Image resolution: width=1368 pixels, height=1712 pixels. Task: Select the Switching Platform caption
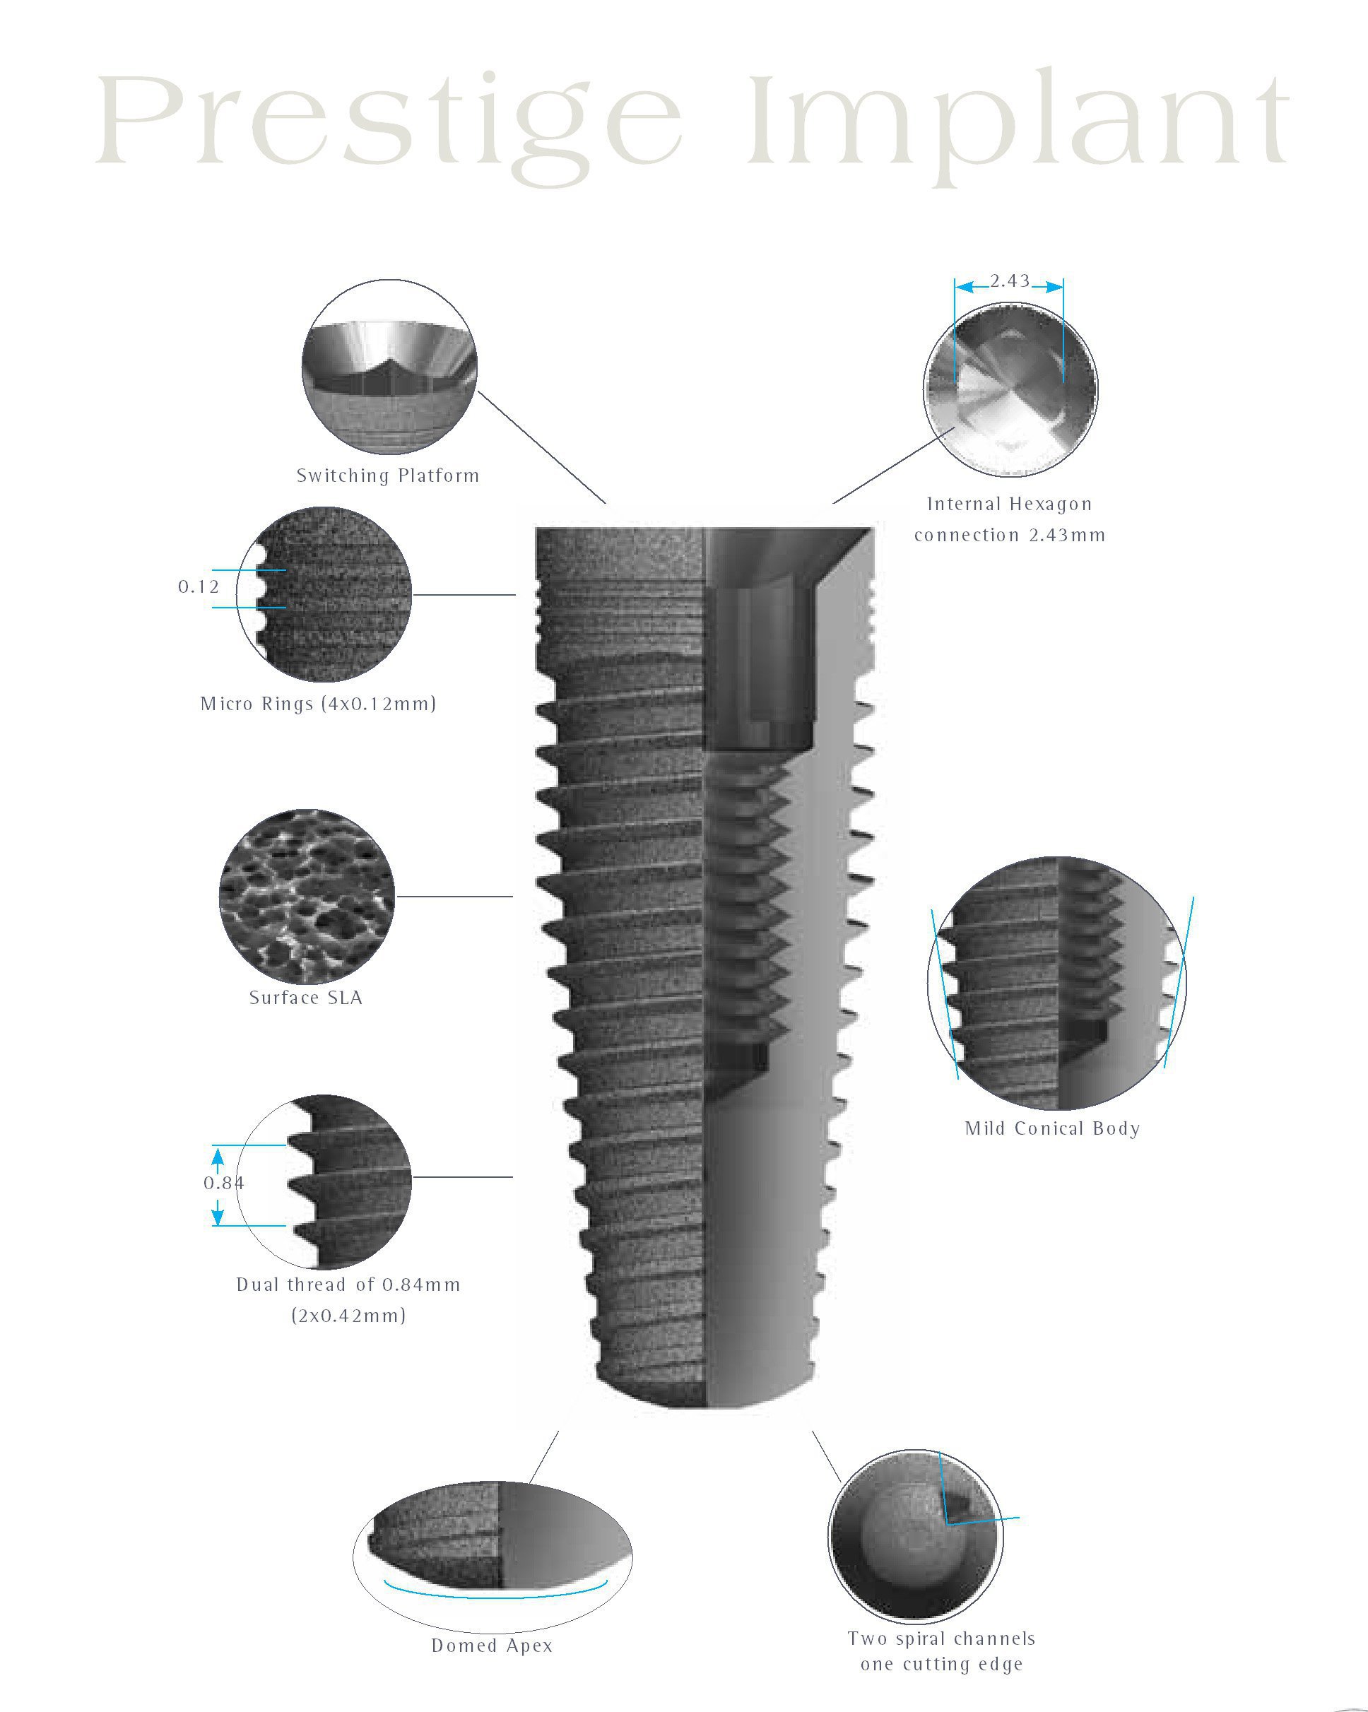(x=387, y=476)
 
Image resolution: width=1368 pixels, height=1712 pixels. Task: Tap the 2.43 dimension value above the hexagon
(x=1009, y=281)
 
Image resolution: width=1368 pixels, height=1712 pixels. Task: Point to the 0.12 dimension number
(x=198, y=587)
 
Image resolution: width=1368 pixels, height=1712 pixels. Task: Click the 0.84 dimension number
(x=224, y=1183)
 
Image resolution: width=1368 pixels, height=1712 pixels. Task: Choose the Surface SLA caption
(x=306, y=998)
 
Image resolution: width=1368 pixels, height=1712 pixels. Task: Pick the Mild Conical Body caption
(x=1052, y=1128)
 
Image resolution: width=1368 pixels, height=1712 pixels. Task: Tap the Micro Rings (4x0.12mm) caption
(x=317, y=704)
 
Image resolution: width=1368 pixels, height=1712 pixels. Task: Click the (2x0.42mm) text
(x=348, y=1316)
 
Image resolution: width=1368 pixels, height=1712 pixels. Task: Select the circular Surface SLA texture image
(x=307, y=897)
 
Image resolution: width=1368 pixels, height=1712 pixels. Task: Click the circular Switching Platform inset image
(x=389, y=367)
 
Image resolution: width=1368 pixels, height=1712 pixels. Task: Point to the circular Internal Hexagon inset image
(x=1010, y=389)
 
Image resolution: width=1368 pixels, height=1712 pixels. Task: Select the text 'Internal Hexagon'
(x=1009, y=504)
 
